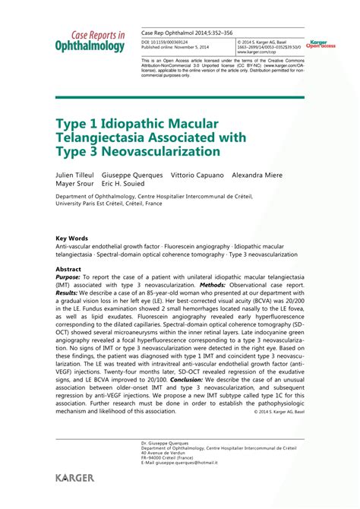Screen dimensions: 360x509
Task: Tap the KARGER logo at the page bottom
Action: (74, 477)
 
